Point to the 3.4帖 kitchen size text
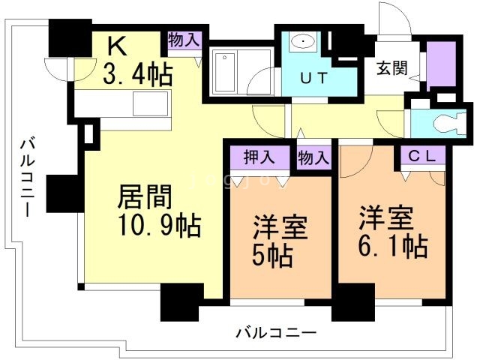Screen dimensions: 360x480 pyautogui.click(x=138, y=73)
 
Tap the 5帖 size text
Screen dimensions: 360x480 pyautogui.click(x=272, y=253)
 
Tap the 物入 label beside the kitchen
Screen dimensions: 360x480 pyautogui.click(x=184, y=40)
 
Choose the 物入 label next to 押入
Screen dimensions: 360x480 pyautogui.click(x=313, y=157)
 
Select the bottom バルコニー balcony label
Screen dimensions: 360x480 pyautogui.click(x=275, y=332)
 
